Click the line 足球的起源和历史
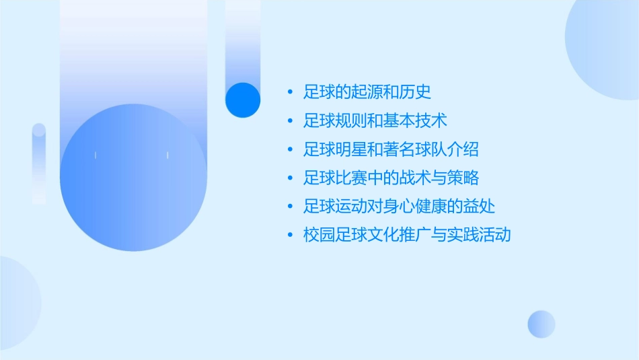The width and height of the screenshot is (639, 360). tap(367, 92)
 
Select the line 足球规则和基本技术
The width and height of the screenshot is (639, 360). tap(375, 121)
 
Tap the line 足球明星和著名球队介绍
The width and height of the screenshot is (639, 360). tap(391, 149)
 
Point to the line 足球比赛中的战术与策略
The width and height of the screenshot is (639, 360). tap(391, 178)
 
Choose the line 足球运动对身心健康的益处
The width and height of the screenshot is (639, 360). tap(399, 206)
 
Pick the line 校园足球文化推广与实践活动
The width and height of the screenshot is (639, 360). tap(407, 235)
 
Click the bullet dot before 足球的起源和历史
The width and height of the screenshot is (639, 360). tap(290, 92)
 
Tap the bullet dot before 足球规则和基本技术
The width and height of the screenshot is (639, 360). tap(290, 121)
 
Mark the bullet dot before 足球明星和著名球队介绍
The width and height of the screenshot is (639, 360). tap(290, 149)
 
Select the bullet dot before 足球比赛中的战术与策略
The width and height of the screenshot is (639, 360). tap(290, 178)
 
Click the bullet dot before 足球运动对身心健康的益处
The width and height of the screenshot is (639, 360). tap(290, 206)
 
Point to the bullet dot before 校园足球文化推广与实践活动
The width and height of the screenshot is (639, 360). tap(290, 235)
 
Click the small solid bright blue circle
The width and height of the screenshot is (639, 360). tap(243, 100)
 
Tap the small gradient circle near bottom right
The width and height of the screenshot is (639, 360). tap(541, 324)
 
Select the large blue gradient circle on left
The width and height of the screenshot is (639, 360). tap(133, 177)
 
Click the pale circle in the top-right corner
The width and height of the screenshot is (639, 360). tap(605, 37)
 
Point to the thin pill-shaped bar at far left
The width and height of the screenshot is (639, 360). tap(39, 164)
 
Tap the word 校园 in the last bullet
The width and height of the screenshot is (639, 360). tap(319, 235)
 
